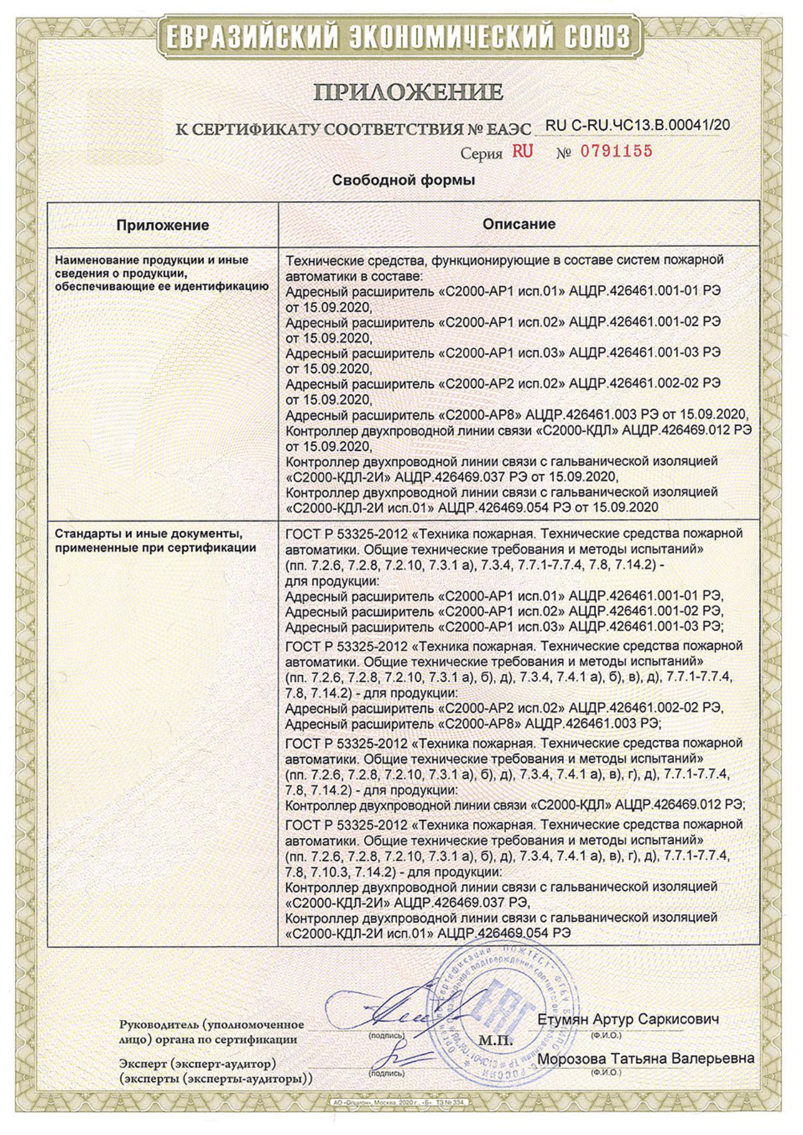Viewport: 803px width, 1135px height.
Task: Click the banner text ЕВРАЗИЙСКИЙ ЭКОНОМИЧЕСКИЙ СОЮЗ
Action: point(398,38)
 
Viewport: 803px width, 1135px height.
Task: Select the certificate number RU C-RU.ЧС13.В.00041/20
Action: point(637,125)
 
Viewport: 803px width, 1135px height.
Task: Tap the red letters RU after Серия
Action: point(522,151)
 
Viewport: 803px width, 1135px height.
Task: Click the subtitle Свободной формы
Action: point(403,181)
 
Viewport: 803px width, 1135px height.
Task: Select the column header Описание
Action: point(519,224)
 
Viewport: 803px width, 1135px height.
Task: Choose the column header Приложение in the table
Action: point(162,225)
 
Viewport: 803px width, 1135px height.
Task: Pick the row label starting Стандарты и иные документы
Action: point(155,540)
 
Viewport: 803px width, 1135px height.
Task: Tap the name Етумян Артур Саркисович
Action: point(627,1019)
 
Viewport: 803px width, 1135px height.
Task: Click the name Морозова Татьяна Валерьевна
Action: point(646,1058)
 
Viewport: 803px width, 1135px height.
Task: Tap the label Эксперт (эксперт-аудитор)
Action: point(198,1064)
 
